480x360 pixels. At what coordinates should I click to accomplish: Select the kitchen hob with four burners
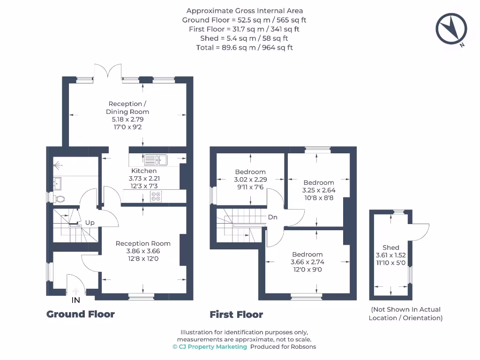click(155, 197)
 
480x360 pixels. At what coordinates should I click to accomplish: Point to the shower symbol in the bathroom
click(58, 165)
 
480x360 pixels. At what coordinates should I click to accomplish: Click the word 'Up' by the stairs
click(90, 223)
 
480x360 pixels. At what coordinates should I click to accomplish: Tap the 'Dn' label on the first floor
click(273, 217)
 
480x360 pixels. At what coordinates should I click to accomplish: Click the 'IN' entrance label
click(75, 300)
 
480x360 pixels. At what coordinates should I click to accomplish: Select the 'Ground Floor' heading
click(80, 314)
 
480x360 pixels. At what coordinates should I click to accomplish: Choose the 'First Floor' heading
click(236, 315)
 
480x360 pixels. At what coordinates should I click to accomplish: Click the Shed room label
click(390, 247)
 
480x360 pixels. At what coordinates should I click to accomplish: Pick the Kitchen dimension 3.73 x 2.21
click(144, 179)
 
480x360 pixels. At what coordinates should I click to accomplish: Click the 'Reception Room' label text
click(143, 243)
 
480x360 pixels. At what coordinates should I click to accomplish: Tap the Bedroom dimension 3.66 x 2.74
click(307, 262)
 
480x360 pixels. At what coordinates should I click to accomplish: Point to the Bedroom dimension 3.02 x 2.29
click(250, 180)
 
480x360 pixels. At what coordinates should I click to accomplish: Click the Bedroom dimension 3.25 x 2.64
click(319, 190)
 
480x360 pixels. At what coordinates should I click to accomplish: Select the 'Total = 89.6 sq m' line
click(244, 47)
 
